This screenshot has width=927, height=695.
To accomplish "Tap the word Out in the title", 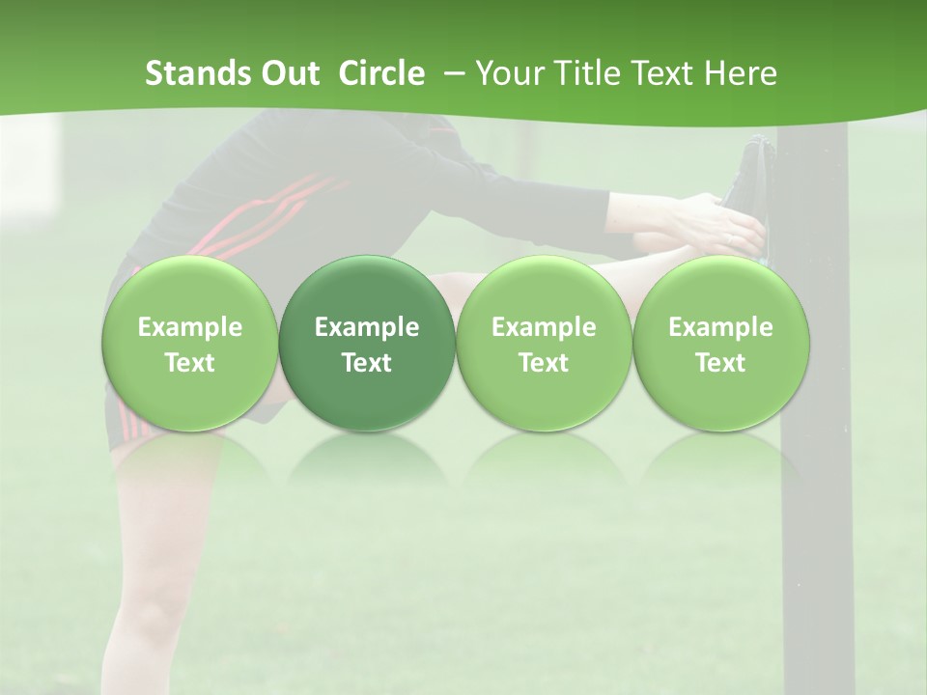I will [288, 73].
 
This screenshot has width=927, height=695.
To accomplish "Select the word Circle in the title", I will [381, 73].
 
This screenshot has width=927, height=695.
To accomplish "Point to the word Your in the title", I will [508, 73].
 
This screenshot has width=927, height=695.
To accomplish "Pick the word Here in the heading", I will [742, 73].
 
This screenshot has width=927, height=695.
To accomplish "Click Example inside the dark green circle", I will [367, 327].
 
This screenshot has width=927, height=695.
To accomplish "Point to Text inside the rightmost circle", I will [720, 363].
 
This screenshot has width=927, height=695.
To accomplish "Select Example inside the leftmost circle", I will [190, 327].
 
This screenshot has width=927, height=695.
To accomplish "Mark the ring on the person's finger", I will [730, 238].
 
